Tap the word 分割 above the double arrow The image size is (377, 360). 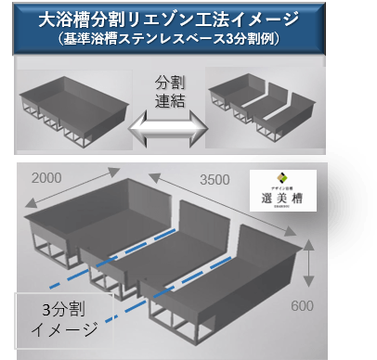176,81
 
